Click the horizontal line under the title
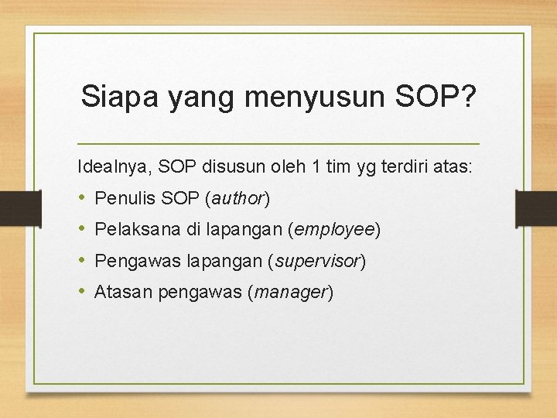pos(278,144)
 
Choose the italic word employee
pos(333,230)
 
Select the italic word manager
pos(291,293)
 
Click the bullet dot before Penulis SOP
pos(82,198)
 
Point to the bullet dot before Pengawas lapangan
pos(82,261)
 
